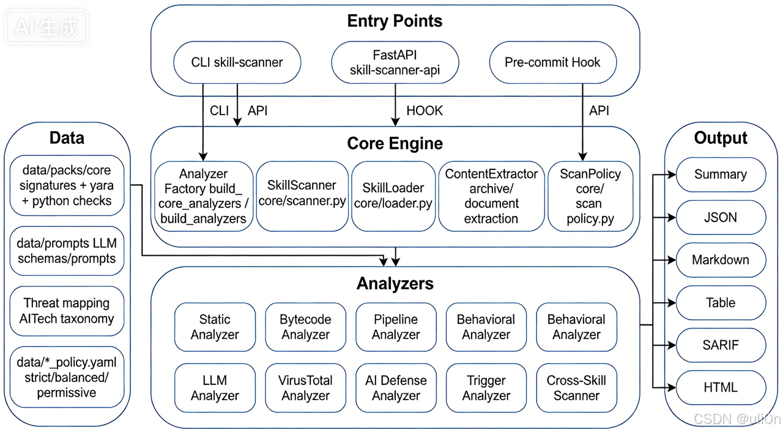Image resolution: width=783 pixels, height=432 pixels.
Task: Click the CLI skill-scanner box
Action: coord(237,62)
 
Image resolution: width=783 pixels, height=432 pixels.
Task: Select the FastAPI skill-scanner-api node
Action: coord(395,62)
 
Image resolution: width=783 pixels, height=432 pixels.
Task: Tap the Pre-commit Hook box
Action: coord(552,62)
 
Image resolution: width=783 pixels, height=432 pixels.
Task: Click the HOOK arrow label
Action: coord(425,111)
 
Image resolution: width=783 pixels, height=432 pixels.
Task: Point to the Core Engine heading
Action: coord(395,143)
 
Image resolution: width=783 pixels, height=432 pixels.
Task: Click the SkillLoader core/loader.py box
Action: coord(393,196)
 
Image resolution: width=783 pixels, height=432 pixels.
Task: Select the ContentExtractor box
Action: coord(491,196)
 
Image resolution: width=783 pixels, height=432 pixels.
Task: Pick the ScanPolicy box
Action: coord(590,196)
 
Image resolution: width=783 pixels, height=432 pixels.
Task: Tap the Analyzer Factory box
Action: coord(204,196)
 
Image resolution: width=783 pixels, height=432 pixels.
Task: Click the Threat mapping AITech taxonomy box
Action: coord(67,311)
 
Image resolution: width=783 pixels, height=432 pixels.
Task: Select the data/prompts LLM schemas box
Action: coord(67,251)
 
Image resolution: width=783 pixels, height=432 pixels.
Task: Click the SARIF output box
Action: coord(721,345)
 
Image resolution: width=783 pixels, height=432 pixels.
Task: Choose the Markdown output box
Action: coord(721,259)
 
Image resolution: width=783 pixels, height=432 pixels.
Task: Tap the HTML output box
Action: coord(721,387)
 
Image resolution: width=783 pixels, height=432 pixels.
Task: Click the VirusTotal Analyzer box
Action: coord(305,388)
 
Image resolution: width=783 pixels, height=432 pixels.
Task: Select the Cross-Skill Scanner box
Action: coord(576,388)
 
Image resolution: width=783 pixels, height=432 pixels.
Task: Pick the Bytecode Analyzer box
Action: coord(305,327)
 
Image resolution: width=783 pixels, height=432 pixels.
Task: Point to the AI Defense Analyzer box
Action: coord(396,388)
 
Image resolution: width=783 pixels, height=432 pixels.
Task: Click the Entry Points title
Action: coord(395,21)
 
